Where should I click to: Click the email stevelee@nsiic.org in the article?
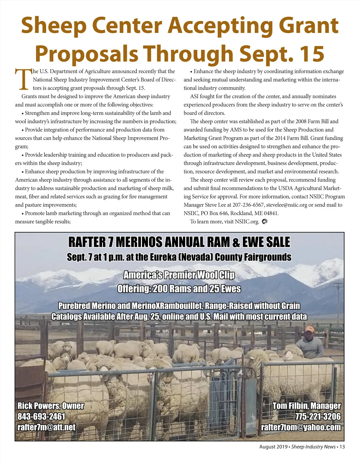pos(287,205)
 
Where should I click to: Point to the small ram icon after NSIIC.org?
pos(264,222)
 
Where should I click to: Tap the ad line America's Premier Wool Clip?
pos(179,275)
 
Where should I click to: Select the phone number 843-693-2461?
pos(41,416)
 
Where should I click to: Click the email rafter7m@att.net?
pos(46,427)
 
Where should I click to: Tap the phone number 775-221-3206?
pos(318,416)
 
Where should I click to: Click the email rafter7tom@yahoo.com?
pos(301,427)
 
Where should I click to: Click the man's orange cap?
pos(309,329)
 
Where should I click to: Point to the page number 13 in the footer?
pos(342,447)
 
